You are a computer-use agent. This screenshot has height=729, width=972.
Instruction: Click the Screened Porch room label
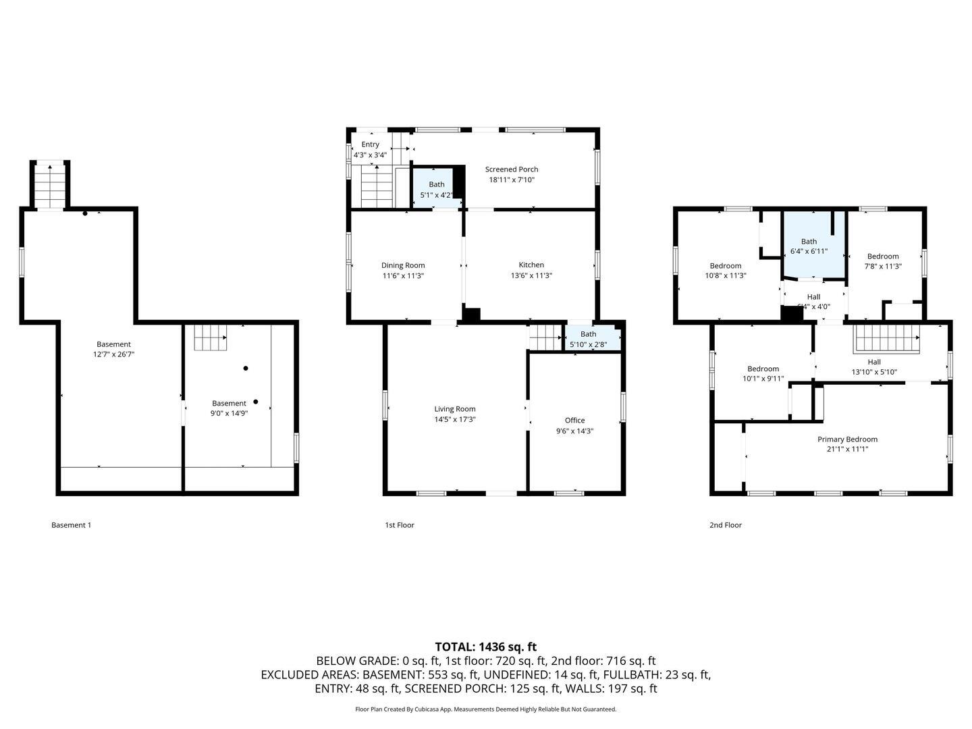[x=512, y=169]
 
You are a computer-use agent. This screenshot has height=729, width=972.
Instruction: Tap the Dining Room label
[x=403, y=265]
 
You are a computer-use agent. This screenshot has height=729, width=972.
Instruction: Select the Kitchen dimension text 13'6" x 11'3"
[x=531, y=275]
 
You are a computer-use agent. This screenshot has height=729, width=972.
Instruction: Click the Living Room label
[x=455, y=409]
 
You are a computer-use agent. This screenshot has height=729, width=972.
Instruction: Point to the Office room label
[x=574, y=421]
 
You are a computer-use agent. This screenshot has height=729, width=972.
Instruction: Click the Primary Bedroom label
[x=847, y=439]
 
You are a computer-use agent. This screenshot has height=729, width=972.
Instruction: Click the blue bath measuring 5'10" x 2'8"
[x=589, y=339]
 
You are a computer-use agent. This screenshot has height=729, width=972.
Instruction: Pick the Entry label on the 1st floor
[x=370, y=144]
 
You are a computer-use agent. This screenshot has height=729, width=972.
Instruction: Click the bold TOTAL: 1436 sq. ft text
[x=485, y=647]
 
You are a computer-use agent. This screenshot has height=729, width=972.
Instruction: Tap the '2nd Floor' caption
[x=725, y=525]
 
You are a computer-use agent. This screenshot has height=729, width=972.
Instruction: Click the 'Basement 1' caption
[x=71, y=525]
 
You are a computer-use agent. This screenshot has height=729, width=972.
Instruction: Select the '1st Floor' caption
[x=399, y=525]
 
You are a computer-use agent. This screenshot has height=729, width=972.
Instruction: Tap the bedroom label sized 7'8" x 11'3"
[x=883, y=256]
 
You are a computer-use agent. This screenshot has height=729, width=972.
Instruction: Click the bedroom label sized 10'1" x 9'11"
[x=763, y=369]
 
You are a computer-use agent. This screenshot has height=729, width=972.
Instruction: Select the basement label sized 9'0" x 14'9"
[x=229, y=404]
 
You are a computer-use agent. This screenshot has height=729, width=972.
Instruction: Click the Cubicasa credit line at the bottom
[x=485, y=709]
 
